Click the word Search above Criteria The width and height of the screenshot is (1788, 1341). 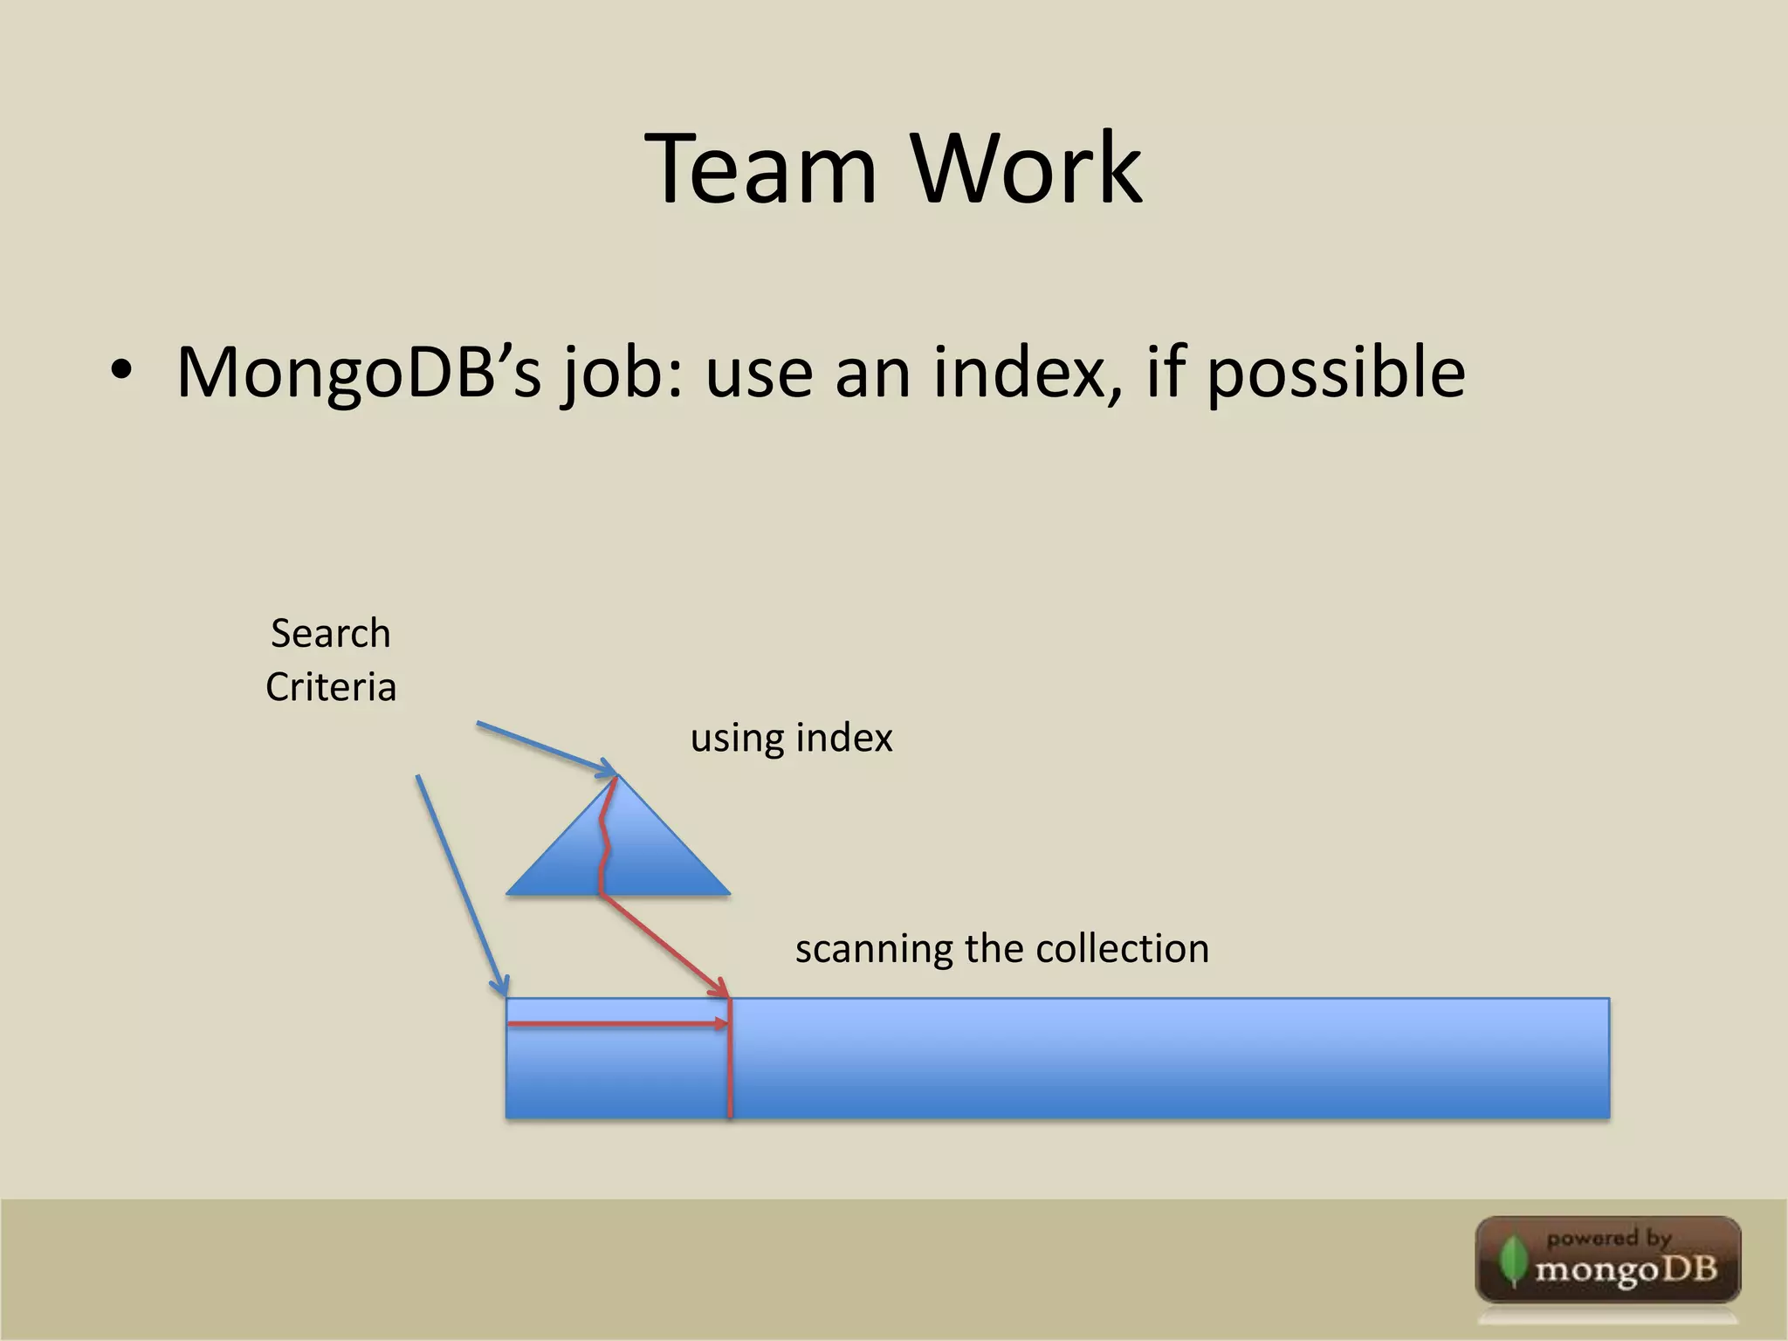point(330,633)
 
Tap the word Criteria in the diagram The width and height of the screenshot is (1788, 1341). point(331,687)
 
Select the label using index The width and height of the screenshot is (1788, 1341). point(791,739)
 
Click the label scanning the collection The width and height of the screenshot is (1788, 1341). point(1001,949)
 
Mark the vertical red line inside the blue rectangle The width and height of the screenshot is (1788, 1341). point(730,1074)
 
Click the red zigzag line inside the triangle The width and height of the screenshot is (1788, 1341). point(604,838)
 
